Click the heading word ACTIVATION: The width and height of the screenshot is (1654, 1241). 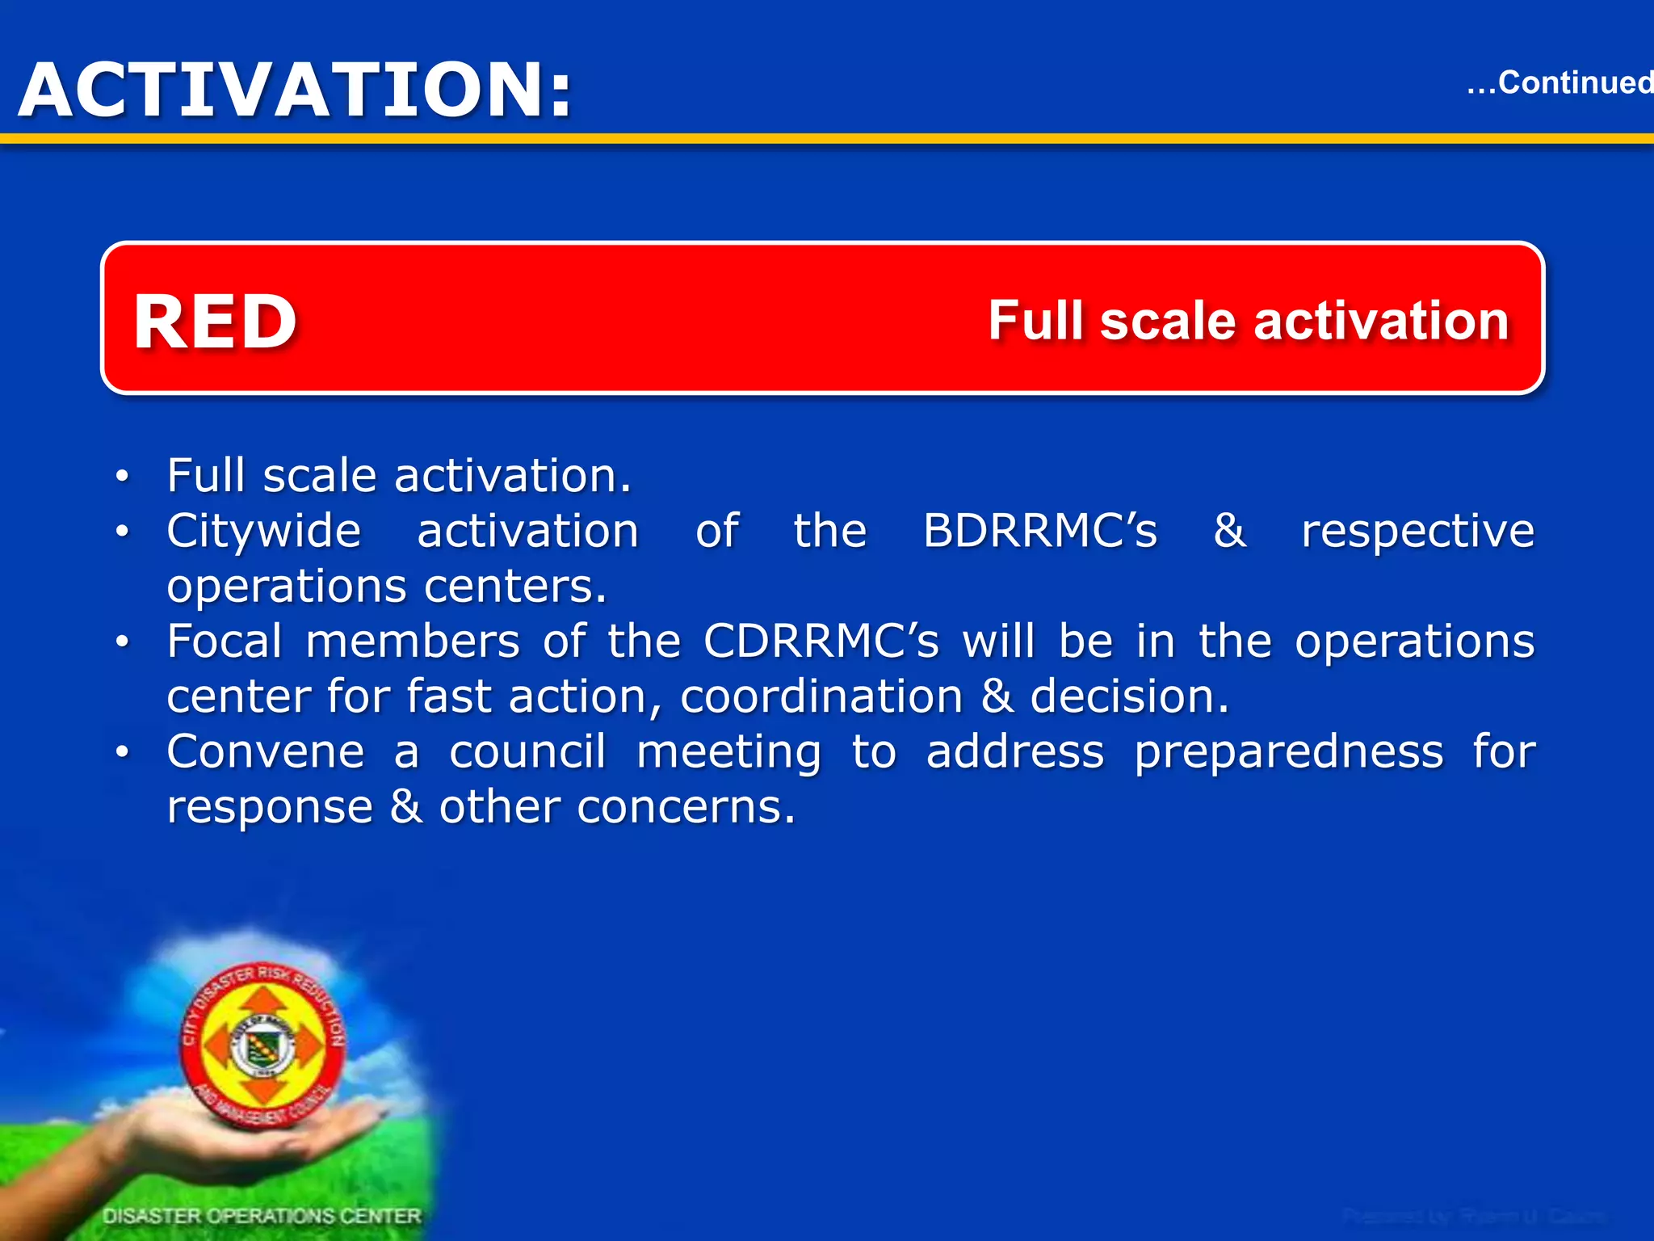coord(296,90)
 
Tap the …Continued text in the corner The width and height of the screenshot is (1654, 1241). coord(1559,82)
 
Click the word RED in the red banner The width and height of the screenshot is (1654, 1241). coord(216,322)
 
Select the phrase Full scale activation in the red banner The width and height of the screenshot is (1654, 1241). coord(1249,321)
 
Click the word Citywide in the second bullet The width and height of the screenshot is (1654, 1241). coord(263,532)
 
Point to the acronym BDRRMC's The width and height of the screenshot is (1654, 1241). coord(1040,532)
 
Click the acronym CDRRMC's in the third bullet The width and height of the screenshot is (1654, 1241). coord(821,642)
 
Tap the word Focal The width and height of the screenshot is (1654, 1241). coord(224,642)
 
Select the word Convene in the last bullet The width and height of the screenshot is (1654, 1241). coord(266,752)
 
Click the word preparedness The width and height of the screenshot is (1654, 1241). coord(1289,754)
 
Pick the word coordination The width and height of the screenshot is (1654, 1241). coord(821,697)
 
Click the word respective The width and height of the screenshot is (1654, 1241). coord(1417,532)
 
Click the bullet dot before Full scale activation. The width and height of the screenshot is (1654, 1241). coord(122,476)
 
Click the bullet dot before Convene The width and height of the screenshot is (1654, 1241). coord(122,753)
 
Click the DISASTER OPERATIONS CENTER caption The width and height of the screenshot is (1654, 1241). coord(262,1215)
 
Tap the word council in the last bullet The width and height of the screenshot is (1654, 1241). coord(527,752)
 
